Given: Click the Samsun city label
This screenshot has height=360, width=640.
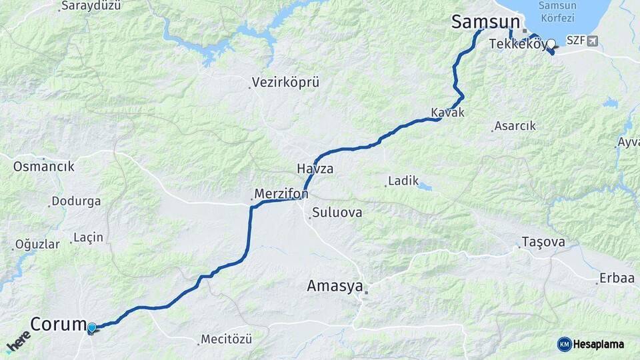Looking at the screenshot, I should [x=485, y=21].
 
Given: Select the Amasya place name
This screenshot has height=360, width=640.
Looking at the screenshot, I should [x=335, y=286].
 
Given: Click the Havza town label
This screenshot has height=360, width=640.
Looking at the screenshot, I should [x=315, y=169].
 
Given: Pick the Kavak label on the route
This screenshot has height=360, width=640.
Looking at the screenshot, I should [x=447, y=112].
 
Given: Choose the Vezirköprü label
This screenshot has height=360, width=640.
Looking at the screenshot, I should [x=285, y=83].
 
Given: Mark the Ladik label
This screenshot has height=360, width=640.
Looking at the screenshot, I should [x=403, y=181].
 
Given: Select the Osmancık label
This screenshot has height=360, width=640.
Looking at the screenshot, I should [x=43, y=166].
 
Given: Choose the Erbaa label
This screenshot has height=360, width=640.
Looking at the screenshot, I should [x=617, y=278].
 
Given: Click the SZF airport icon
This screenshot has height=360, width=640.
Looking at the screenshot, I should [x=593, y=41].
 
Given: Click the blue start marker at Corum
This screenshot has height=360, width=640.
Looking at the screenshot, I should [x=91, y=327].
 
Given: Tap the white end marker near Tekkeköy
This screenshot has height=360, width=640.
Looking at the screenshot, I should [x=551, y=44].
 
